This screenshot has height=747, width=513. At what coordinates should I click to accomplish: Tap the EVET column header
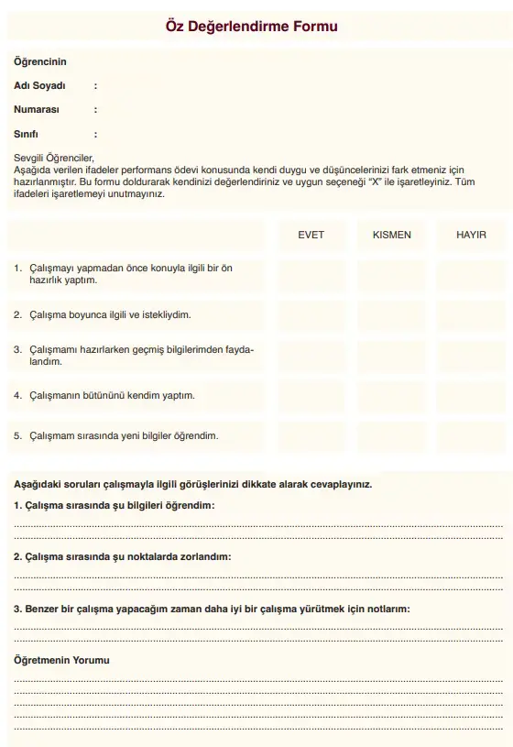pos(311,235)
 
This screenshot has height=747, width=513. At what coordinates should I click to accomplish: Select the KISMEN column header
pos(391,235)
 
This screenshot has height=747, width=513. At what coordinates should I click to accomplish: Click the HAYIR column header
pos(471,235)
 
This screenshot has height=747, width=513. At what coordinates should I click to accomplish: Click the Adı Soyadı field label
pos(40,85)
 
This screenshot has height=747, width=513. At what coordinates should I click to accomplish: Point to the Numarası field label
pos(37,109)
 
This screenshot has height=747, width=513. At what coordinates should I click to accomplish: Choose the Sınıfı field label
pos(27,134)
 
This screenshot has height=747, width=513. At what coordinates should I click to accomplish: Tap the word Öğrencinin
pos(40,61)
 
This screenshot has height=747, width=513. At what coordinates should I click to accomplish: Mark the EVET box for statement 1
pos(311,274)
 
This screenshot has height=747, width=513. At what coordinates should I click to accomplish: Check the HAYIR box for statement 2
pos(471,314)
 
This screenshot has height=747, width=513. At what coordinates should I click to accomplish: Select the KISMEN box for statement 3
pos(391,356)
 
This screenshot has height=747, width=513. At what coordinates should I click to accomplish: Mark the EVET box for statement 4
pos(311,396)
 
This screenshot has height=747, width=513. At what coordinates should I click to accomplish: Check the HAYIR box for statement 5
pos(471,436)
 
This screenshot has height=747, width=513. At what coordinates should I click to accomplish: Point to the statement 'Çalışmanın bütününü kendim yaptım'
pos(110,396)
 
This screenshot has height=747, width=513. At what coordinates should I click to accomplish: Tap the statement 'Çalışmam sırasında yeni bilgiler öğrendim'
pos(121,436)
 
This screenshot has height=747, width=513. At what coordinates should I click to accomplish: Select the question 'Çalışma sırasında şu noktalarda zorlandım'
pos(122,556)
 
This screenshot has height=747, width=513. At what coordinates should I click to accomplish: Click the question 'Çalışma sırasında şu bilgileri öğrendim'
pos(115,505)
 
